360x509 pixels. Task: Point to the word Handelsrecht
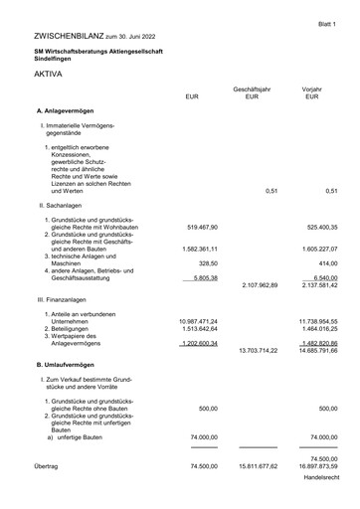point(320,478)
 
